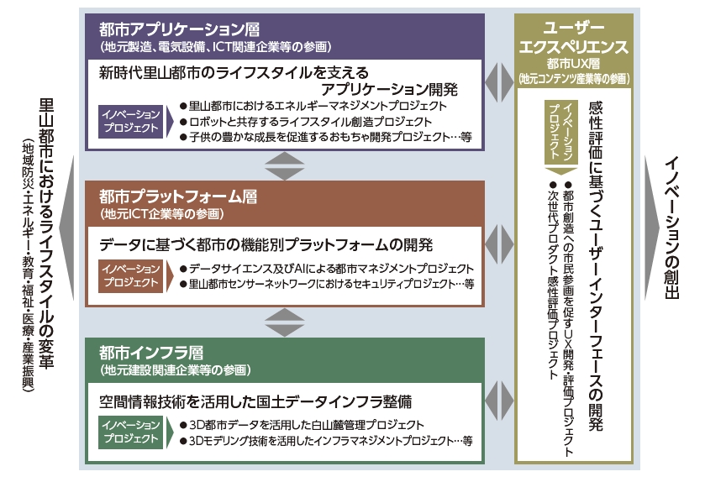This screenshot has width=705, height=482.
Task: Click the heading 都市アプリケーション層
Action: (x=179, y=29)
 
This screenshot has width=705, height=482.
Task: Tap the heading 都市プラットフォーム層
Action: (x=178, y=196)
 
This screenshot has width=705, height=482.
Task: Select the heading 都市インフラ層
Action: (x=151, y=353)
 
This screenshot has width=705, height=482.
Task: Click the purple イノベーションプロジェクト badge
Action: (x=131, y=121)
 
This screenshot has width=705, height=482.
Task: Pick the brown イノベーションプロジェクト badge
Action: (x=131, y=275)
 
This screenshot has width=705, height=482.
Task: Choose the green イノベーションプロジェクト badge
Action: (x=131, y=432)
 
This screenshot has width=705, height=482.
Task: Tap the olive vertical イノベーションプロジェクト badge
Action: (x=560, y=132)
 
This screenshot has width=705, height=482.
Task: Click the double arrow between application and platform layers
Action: (x=284, y=166)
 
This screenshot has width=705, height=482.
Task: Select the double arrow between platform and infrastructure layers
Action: (x=284, y=322)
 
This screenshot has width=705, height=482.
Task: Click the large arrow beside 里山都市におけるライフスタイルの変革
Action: (x=67, y=228)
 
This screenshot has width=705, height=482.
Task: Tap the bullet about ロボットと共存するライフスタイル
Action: (x=306, y=122)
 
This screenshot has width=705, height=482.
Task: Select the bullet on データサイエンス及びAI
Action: (x=327, y=269)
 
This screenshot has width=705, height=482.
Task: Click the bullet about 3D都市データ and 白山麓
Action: (x=302, y=425)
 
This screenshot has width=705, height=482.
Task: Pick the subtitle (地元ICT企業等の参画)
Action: (x=162, y=214)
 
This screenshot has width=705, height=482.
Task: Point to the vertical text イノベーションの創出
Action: (x=671, y=228)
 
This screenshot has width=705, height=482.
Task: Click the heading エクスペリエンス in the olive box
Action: (x=573, y=46)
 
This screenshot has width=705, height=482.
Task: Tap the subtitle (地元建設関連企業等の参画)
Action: (x=176, y=370)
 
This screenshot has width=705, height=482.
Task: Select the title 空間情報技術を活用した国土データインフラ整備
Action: (x=255, y=401)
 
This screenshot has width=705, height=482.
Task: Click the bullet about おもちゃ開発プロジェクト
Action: (x=326, y=137)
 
